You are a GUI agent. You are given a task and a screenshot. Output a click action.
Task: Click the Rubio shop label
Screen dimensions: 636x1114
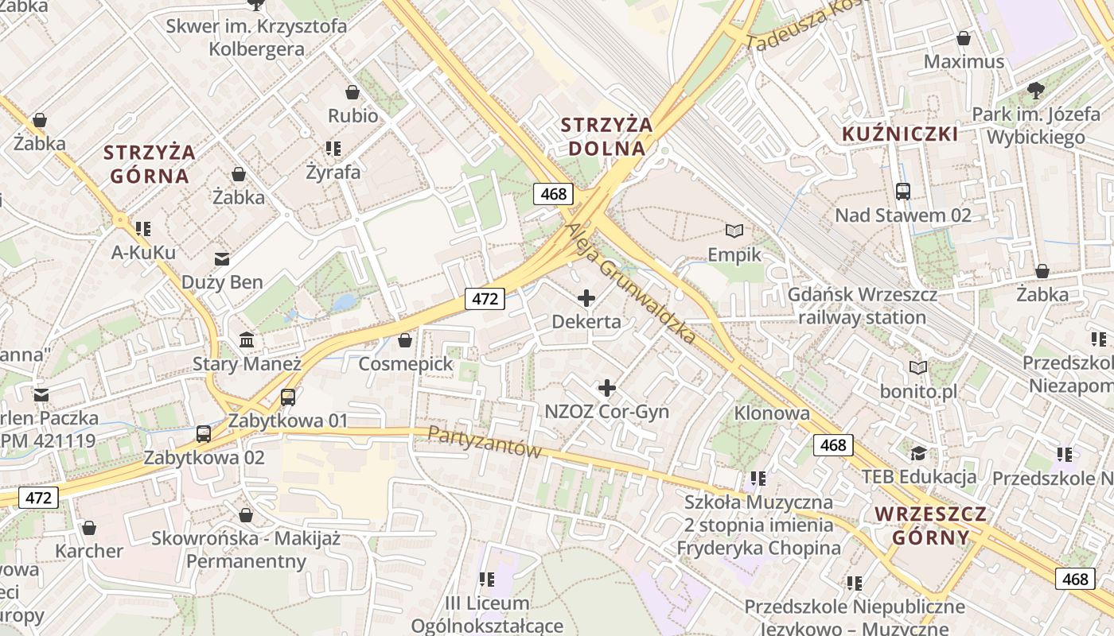[353, 115]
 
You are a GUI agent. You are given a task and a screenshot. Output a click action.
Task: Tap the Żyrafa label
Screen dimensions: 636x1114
[333, 172]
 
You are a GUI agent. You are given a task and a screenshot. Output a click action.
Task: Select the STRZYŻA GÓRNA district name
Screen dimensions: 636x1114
[150, 164]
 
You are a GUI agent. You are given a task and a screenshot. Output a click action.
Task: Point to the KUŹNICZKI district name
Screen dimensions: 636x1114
[900, 134]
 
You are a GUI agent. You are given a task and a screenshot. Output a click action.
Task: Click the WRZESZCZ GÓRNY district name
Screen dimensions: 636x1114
[931, 525]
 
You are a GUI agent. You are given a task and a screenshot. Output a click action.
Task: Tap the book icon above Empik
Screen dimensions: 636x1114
[734, 231]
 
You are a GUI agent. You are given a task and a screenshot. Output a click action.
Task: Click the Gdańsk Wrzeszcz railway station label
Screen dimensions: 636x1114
[863, 306]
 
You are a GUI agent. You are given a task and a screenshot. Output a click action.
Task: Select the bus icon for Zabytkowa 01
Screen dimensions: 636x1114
[288, 397]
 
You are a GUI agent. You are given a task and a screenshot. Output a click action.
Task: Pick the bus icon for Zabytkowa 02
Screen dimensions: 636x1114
[204, 433]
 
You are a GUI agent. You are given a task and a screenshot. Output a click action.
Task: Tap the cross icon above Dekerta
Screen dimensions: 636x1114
[586, 298]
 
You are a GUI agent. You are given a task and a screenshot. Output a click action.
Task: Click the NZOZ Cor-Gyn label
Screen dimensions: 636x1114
[607, 412]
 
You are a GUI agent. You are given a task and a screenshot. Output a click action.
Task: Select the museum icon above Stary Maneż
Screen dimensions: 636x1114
[247, 340]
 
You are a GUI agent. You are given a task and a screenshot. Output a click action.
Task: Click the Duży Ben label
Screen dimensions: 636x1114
[222, 282]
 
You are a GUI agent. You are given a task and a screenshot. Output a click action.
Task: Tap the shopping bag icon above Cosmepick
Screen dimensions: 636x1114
[405, 340]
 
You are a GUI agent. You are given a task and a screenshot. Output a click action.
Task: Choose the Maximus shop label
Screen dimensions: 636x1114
[964, 61]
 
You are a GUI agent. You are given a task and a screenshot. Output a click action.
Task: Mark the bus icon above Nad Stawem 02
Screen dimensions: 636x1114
[903, 191]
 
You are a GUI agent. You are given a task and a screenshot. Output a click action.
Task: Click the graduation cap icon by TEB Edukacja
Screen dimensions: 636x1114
[919, 453]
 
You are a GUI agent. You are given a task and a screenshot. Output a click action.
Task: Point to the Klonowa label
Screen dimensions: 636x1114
[772, 413]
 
